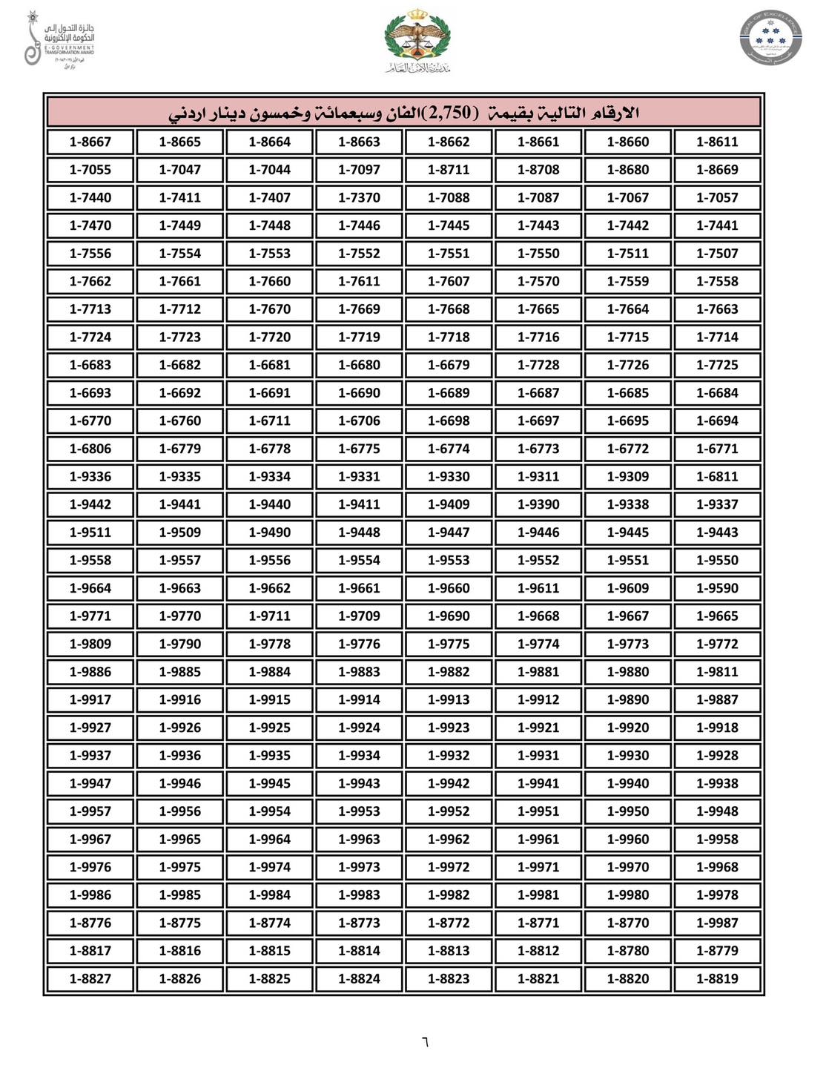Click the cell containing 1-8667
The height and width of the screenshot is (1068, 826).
[90, 142]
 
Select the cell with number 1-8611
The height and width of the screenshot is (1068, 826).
[717, 142]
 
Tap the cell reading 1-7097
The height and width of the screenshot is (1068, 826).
[359, 170]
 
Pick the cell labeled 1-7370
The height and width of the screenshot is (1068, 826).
[359, 198]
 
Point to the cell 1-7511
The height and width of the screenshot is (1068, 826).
[628, 254]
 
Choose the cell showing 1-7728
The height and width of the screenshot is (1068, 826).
[538, 365]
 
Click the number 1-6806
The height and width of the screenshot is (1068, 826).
[90, 449]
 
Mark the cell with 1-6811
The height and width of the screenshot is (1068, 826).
[717, 477]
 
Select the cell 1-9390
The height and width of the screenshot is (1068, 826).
[538, 504]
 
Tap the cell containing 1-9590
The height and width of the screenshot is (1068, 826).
[717, 588]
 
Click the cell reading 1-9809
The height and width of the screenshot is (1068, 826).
[90, 644]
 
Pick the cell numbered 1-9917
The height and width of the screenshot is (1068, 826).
[90, 699]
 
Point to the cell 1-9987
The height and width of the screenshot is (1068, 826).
[717, 923]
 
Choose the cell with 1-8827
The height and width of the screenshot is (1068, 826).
[90, 978]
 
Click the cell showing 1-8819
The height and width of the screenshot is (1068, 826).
[717, 978]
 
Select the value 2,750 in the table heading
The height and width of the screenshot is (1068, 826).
[450, 113]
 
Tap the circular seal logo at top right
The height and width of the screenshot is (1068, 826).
[770, 38]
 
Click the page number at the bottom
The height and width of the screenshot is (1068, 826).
[425, 1041]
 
